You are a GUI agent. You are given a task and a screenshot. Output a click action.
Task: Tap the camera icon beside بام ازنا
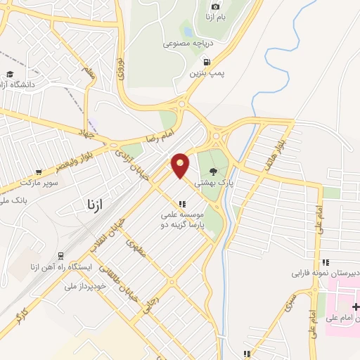(x=215, y=6)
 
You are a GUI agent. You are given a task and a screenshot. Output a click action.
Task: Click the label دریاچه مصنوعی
(x=188, y=43)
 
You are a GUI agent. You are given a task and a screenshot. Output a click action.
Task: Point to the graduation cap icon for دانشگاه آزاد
(x=10, y=74)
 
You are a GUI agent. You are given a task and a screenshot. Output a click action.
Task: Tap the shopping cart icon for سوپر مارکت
(x=39, y=172)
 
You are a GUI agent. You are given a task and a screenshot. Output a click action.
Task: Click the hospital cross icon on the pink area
(x=355, y=307)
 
